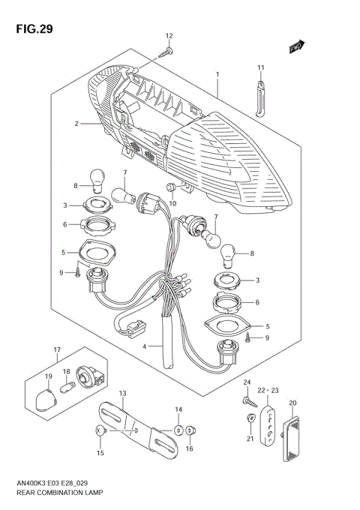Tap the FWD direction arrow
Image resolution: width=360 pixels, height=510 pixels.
[298, 47]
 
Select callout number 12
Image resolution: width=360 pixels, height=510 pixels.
[169, 36]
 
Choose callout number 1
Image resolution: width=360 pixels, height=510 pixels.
[217, 74]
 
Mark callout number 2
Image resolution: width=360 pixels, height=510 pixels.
[76, 123]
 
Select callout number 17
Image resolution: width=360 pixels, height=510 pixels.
[56, 349]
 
